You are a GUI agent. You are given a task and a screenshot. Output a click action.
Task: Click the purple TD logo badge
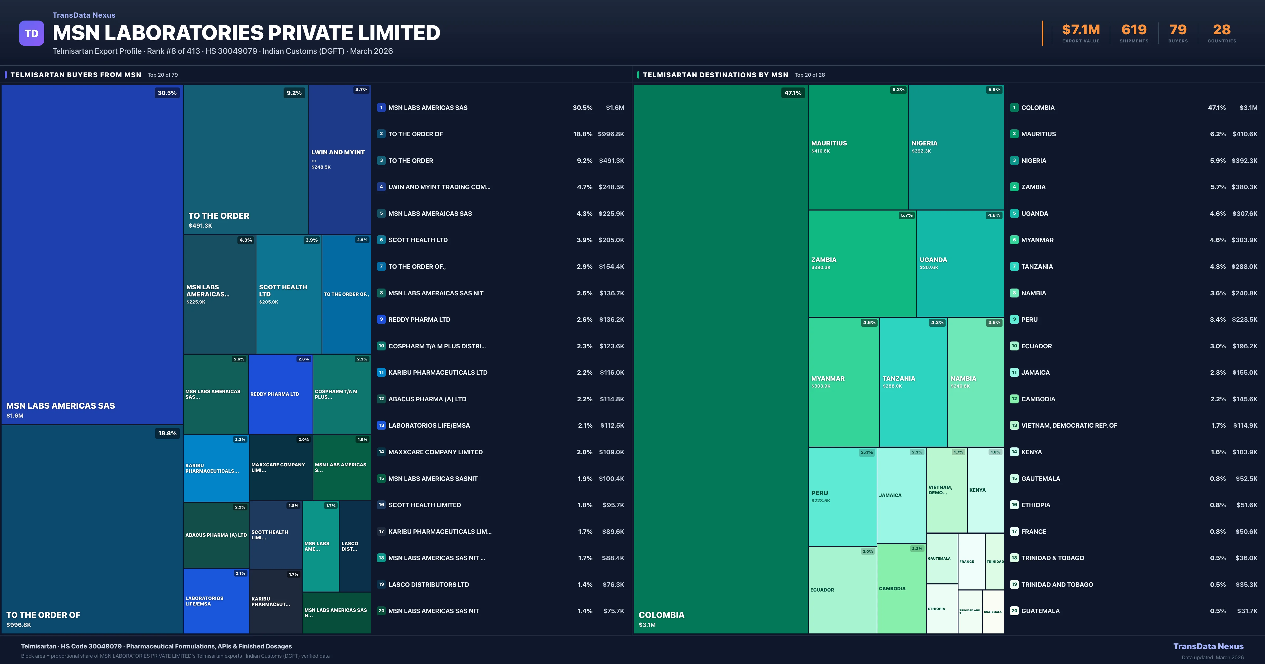31,33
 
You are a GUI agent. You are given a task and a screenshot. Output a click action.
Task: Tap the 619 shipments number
1133,30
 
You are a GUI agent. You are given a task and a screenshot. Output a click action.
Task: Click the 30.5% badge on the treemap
167,93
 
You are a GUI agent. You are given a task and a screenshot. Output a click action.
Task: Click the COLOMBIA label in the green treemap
661,615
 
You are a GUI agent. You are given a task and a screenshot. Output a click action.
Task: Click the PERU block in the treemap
842,496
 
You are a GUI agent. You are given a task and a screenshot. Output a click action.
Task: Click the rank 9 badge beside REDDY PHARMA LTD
381,320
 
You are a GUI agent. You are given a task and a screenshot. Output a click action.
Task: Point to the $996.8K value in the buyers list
610,134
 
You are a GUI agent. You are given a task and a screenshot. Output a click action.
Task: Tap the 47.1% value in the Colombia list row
1217,108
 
